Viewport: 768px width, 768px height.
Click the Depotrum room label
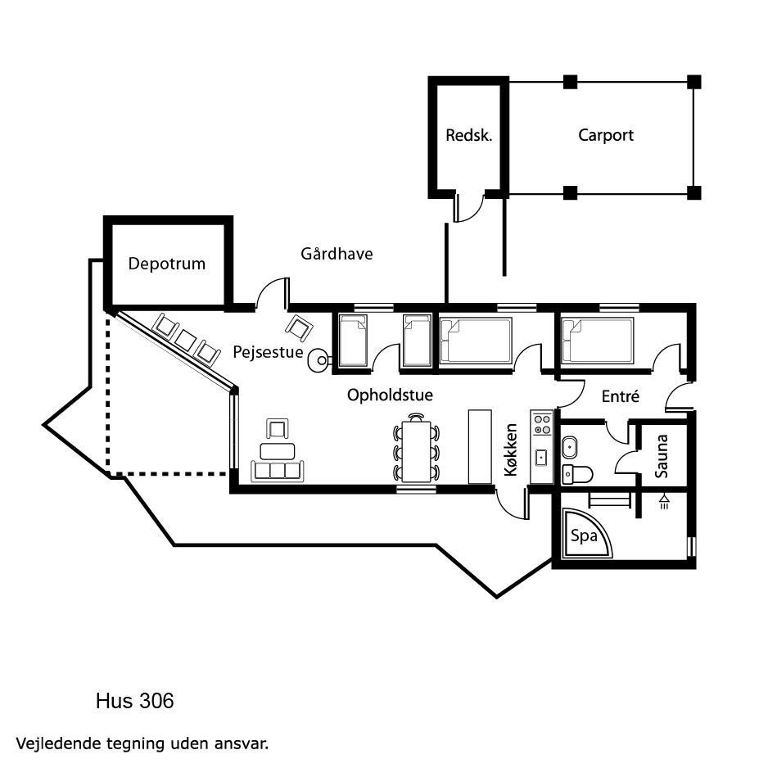(166, 264)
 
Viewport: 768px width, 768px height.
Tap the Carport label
(606, 136)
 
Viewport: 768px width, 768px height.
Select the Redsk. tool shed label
(468, 135)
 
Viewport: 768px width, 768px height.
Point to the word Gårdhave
(337, 253)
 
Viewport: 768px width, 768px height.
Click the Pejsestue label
(268, 352)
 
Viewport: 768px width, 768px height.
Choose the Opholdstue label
(390, 395)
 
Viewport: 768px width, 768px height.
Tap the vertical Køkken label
(511, 450)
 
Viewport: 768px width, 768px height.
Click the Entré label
(621, 395)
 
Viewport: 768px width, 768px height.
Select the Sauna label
(662, 456)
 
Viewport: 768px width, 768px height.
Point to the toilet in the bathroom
(577, 474)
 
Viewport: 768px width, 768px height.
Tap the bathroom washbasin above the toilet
(570, 447)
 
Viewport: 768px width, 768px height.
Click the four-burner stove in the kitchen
(542, 425)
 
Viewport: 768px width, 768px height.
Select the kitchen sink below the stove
(541, 458)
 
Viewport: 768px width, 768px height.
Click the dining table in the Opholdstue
(416, 451)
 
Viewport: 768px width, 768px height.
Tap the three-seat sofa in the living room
(278, 471)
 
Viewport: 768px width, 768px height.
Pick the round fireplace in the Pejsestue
(318, 360)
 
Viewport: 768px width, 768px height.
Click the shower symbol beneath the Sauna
(664, 501)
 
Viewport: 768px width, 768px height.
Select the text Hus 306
(135, 701)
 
